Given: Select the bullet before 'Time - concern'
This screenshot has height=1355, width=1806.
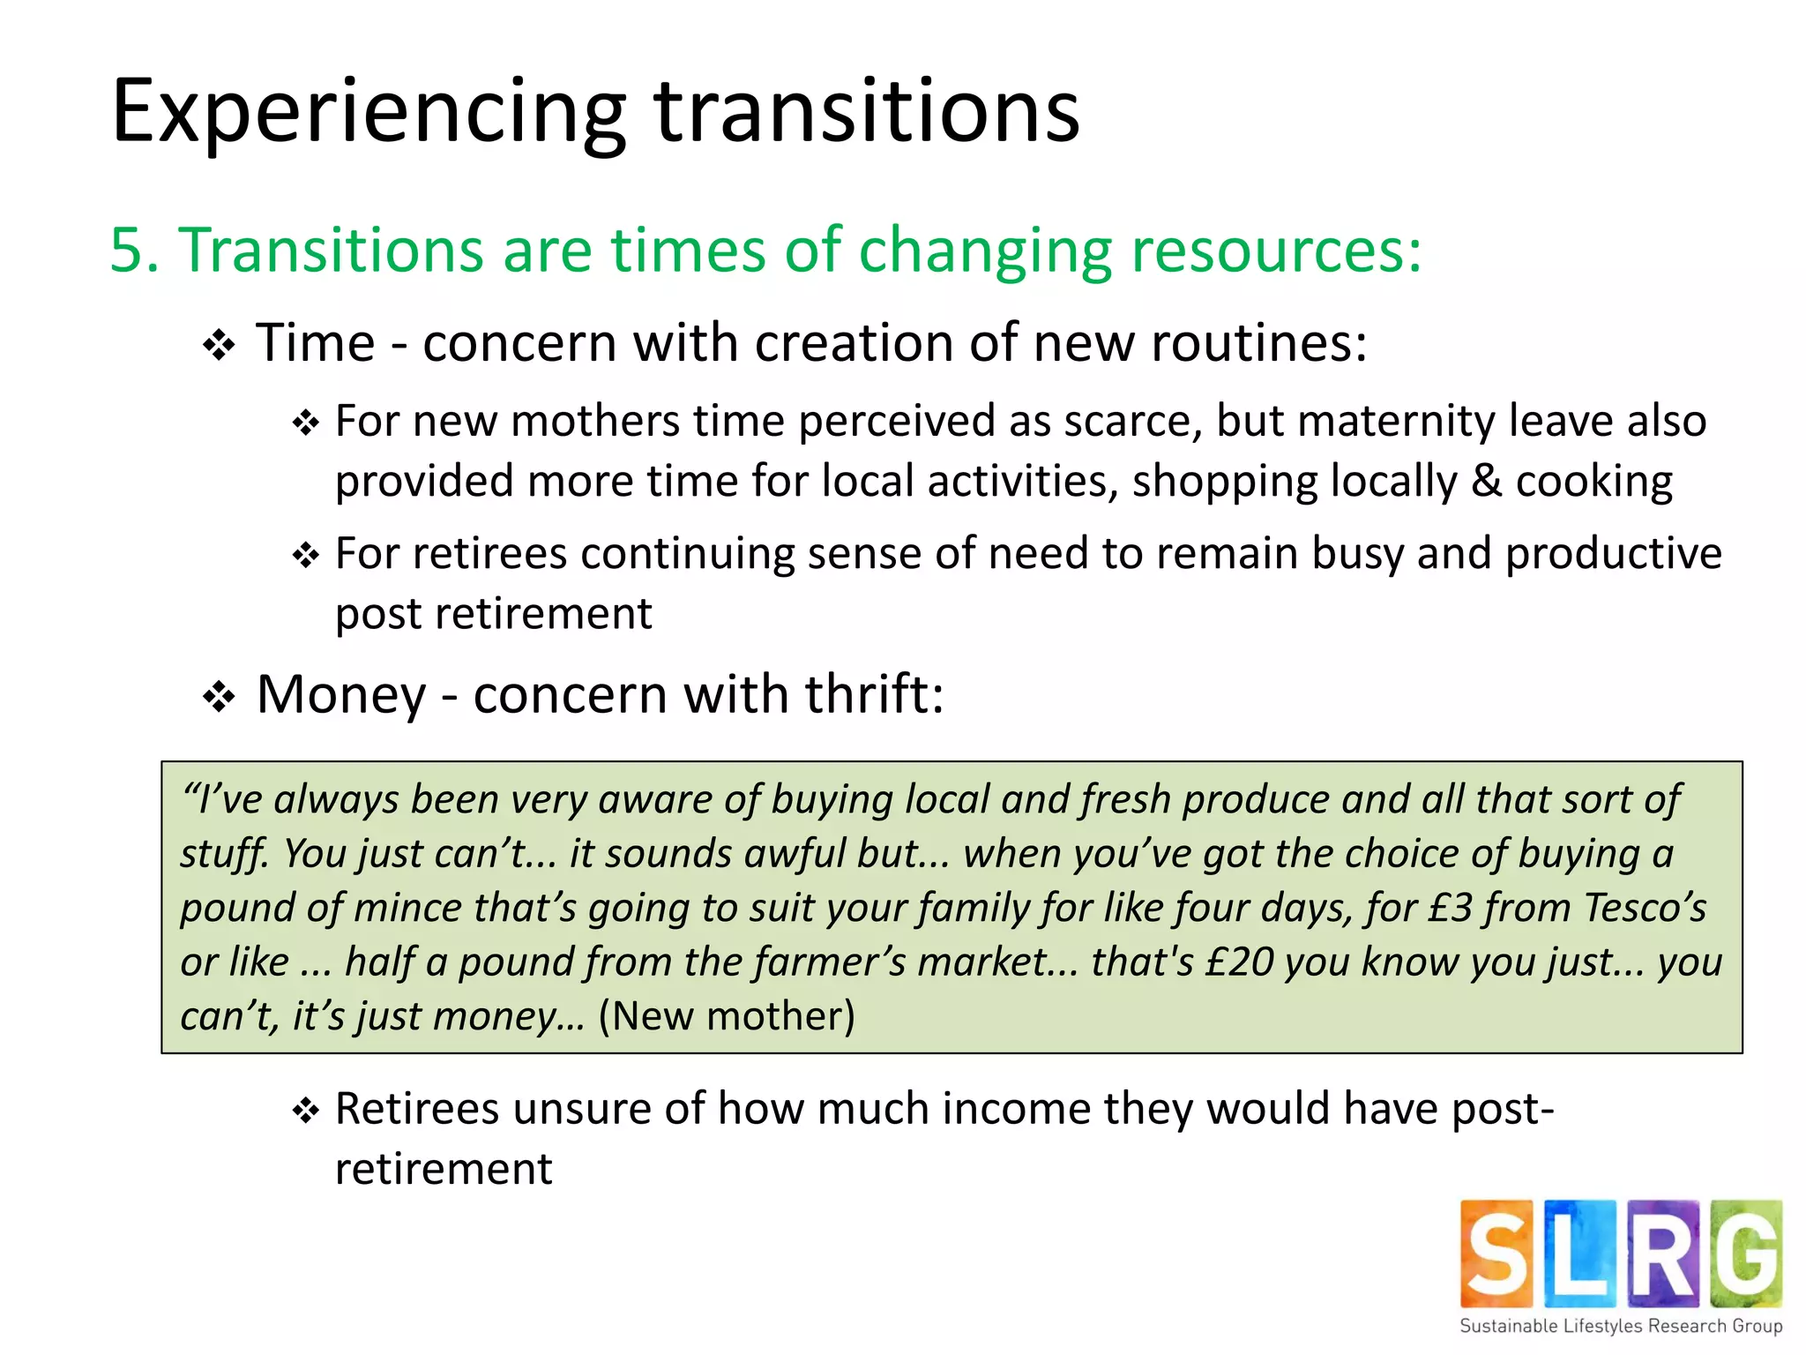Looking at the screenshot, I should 219,345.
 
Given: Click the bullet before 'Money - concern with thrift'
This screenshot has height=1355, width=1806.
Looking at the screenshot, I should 219,698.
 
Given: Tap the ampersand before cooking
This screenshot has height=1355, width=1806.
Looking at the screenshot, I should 1486,482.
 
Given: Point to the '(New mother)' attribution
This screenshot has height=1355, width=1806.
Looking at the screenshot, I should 727,1016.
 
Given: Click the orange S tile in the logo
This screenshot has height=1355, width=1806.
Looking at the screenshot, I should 1496,1254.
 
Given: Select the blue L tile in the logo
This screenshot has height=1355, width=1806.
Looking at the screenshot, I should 1579,1254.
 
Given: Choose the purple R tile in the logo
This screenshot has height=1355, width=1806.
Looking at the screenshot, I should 1662,1254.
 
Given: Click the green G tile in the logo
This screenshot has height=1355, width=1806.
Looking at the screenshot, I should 1746,1254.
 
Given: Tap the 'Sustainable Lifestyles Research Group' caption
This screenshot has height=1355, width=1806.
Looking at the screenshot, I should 1621,1326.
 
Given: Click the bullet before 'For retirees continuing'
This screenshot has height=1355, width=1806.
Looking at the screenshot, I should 305,556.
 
